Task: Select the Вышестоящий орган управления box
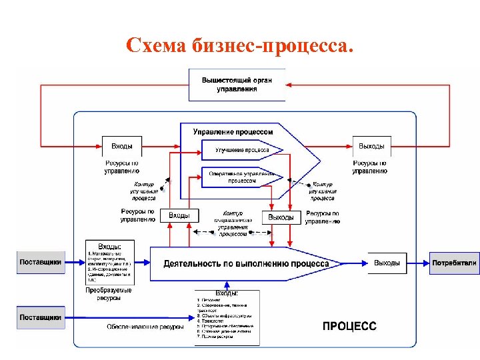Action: (237, 85)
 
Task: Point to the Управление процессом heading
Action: (233, 132)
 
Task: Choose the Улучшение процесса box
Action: (241, 151)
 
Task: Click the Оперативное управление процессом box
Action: (241, 177)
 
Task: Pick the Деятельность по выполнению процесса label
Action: (246, 263)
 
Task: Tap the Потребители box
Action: (454, 263)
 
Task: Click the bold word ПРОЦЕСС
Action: (350, 326)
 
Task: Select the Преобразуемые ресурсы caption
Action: (109, 294)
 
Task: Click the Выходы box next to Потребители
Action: (387, 263)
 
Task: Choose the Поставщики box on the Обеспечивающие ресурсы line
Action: (41, 317)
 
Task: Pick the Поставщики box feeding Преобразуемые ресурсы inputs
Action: (41, 262)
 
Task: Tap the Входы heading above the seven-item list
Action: (227, 293)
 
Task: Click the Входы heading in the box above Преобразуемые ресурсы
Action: (109, 246)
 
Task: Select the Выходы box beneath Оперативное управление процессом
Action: (281, 217)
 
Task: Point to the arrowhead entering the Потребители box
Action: (427, 263)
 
